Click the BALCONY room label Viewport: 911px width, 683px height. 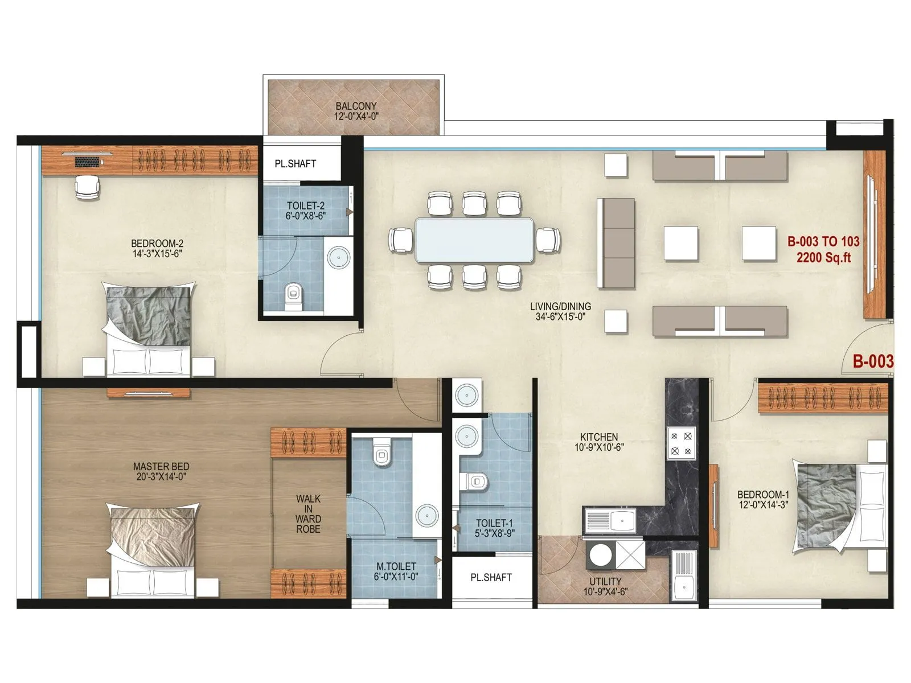[x=356, y=106]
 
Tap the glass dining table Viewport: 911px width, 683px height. [x=474, y=240]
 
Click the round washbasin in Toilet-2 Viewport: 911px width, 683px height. [x=339, y=257]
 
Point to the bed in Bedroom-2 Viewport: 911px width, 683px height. [x=149, y=330]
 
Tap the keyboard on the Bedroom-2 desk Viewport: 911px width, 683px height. [x=87, y=162]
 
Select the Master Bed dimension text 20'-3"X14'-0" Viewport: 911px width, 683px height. [x=161, y=477]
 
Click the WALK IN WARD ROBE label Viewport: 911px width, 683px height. [x=308, y=514]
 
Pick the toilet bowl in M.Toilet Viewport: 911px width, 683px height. [x=381, y=453]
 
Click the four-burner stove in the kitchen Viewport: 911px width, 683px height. [x=682, y=443]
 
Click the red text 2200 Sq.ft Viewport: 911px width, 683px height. [x=823, y=258]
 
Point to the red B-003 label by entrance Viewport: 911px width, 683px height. [x=872, y=361]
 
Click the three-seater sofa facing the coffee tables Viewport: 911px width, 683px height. [x=615, y=244]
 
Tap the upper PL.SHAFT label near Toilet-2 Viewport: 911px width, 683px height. [x=295, y=164]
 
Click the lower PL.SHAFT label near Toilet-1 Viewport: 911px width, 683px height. [x=491, y=577]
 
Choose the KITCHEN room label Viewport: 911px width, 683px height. [x=599, y=437]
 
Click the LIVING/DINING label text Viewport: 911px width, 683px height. [x=560, y=306]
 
